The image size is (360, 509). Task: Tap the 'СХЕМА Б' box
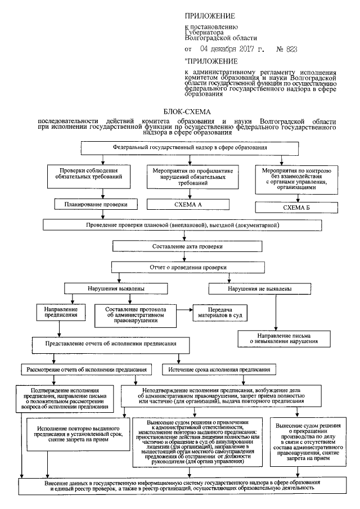click(292, 207)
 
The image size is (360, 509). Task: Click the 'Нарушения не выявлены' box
click(260, 289)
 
